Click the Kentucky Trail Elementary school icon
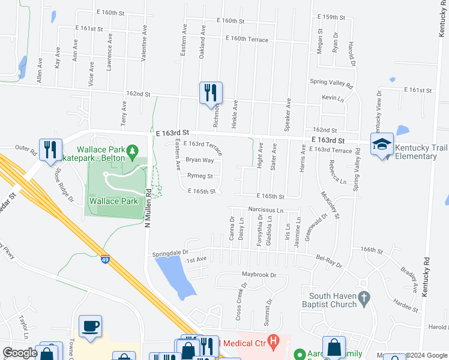(382, 145)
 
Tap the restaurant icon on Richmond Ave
(211, 93)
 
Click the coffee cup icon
(91, 326)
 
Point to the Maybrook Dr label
(259, 275)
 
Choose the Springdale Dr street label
(170, 253)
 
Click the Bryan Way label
(199, 160)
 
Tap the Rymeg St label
(200, 176)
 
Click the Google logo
(20, 353)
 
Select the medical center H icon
(274, 343)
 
